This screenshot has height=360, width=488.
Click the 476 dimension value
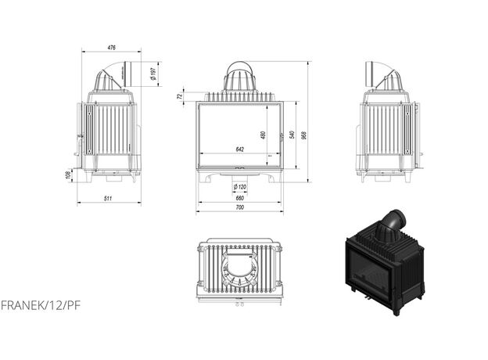point(111,48)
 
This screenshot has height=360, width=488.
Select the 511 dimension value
point(108,198)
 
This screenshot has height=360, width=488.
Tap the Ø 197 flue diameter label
point(152,74)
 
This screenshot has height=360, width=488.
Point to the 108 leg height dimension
point(68,175)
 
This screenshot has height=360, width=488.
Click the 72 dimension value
point(179,96)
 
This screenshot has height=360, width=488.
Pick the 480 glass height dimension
point(264,135)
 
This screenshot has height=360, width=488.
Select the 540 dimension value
point(292,135)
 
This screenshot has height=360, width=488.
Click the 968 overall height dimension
point(304,135)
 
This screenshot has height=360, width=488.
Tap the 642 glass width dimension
point(240,149)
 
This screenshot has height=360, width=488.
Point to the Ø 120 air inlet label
point(240,187)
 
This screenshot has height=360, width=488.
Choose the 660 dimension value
point(240,198)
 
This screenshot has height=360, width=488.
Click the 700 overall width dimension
point(240,207)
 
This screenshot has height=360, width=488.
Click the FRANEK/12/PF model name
point(41,305)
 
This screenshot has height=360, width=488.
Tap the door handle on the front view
point(282,136)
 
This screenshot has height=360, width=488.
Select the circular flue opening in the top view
point(240,267)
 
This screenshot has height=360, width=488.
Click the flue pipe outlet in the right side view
point(369,74)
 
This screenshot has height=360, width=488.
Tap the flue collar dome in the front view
point(240,77)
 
